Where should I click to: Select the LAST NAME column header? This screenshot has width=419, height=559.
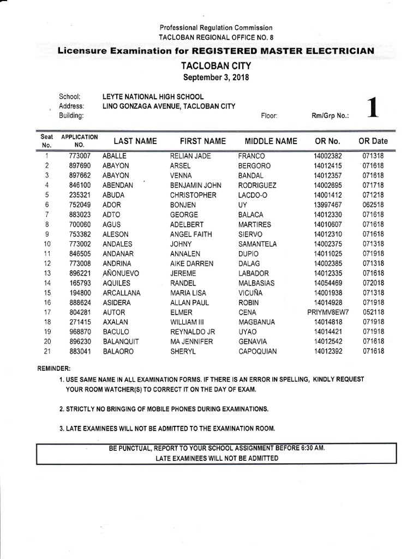135,141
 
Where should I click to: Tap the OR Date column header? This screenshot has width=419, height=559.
373,141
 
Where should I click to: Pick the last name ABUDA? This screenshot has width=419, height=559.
113,195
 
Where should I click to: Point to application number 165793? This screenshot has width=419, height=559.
73,283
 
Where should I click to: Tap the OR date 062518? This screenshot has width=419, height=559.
373,205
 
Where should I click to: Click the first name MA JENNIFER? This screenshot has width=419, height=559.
192,342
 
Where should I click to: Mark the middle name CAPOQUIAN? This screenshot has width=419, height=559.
258,352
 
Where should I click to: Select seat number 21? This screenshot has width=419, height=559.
47,352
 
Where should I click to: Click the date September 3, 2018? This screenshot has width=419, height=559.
216,78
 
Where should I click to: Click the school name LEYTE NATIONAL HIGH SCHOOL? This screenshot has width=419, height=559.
153,97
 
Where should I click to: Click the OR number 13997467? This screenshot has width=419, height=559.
327,205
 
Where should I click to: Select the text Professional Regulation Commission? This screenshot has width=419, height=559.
216,28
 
